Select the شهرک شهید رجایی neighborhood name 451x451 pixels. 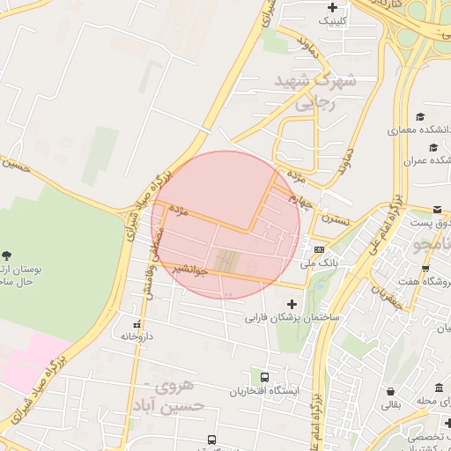pyautogui.click(x=315, y=92)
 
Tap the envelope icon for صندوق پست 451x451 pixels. pyautogui.click(x=438, y=209)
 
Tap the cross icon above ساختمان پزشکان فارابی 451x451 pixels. pyautogui.click(x=292, y=305)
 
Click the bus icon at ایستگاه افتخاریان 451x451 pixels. pyautogui.click(x=265, y=377)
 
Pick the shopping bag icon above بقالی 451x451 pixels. pyautogui.click(x=389, y=392)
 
